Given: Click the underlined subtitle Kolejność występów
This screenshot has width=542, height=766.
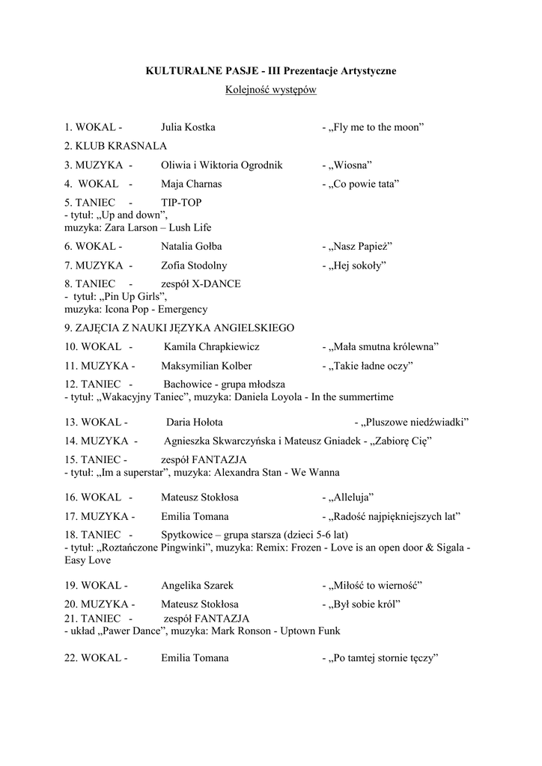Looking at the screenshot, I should [270, 90].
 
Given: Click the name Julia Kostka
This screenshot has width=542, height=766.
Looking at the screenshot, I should [188, 127].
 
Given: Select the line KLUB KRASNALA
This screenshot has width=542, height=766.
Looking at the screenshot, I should [115, 146].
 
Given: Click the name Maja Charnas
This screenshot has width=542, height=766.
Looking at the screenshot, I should [191, 184].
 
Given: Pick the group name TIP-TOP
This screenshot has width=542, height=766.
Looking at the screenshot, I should [181, 203].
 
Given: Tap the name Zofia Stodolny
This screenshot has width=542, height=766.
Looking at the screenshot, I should [194, 266].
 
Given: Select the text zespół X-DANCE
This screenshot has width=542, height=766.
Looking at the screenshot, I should [201, 284].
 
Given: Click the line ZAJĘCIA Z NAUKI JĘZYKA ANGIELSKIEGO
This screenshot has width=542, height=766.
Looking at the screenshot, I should [179, 328].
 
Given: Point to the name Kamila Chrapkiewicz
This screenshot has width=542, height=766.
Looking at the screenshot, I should [212, 347].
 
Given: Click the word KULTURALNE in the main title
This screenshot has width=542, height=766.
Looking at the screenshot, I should [180, 71].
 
